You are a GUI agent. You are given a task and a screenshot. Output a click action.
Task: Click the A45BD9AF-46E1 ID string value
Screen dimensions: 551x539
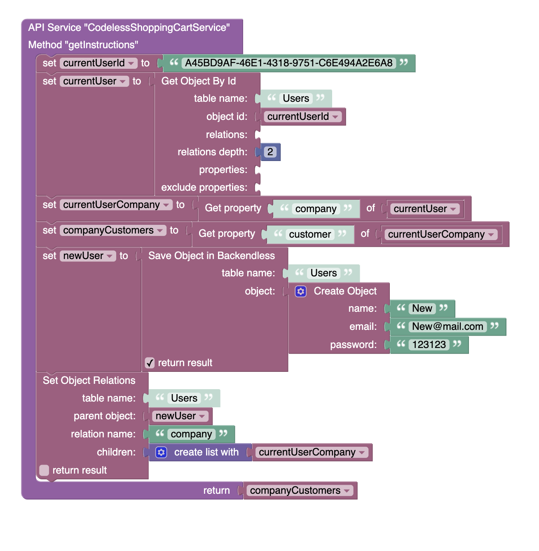tap(288, 63)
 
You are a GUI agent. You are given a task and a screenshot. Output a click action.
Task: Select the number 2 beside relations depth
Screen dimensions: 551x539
tap(270, 152)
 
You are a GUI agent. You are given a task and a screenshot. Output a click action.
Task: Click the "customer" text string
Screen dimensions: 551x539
tap(310, 234)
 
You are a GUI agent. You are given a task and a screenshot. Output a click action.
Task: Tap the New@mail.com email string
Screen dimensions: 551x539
tap(448, 327)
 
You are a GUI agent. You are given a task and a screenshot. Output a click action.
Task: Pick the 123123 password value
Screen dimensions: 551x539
tap(429, 345)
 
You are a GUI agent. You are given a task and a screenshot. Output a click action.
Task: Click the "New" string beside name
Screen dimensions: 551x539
tap(422, 308)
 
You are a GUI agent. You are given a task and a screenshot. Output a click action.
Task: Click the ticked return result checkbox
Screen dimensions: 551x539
tap(150, 363)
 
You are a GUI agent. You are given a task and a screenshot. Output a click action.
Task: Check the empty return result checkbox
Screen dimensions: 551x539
tap(44, 470)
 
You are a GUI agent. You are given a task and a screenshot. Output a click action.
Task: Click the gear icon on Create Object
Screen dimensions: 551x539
tap(301, 292)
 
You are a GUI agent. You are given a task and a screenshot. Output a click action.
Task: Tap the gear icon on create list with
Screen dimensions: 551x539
tap(161, 453)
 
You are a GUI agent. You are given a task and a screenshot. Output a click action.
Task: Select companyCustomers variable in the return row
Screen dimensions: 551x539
tap(295, 490)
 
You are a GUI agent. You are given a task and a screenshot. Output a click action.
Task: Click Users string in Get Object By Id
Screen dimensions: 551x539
tap(296, 98)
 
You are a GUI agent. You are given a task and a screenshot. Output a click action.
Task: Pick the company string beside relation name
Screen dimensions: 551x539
tap(191, 434)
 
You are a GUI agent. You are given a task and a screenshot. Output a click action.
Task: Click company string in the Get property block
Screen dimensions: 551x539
tap(316, 209)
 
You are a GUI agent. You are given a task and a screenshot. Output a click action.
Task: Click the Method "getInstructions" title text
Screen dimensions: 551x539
tap(83, 45)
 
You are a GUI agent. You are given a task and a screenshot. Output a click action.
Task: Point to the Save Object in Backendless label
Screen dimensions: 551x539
tap(211, 256)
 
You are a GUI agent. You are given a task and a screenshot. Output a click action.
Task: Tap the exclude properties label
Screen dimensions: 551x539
tap(204, 187)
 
